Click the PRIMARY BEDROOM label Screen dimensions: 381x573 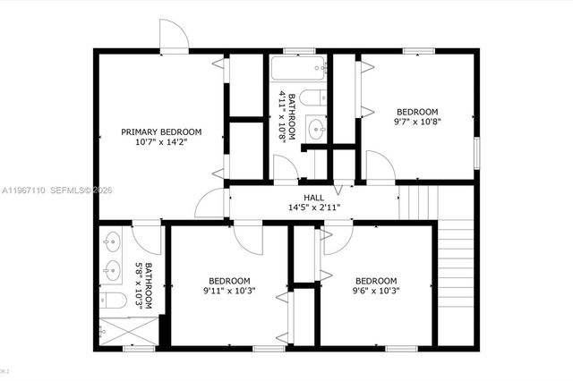point(161,132)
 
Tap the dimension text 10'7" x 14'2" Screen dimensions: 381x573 point(161,143)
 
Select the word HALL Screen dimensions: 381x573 point(313,198)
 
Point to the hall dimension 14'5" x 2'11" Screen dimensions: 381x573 point(313,207)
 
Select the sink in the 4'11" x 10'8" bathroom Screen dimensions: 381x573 point(315,129)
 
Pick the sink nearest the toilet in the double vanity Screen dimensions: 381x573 point(112,267)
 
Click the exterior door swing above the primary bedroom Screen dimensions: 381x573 point(174,36)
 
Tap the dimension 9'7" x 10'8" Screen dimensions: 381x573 point(418,121)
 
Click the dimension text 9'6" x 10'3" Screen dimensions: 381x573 point(375,290)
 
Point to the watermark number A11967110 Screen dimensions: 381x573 point(24,190)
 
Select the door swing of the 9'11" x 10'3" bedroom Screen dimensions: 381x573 point(247,237)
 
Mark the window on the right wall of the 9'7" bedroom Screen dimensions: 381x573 point(476,150)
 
